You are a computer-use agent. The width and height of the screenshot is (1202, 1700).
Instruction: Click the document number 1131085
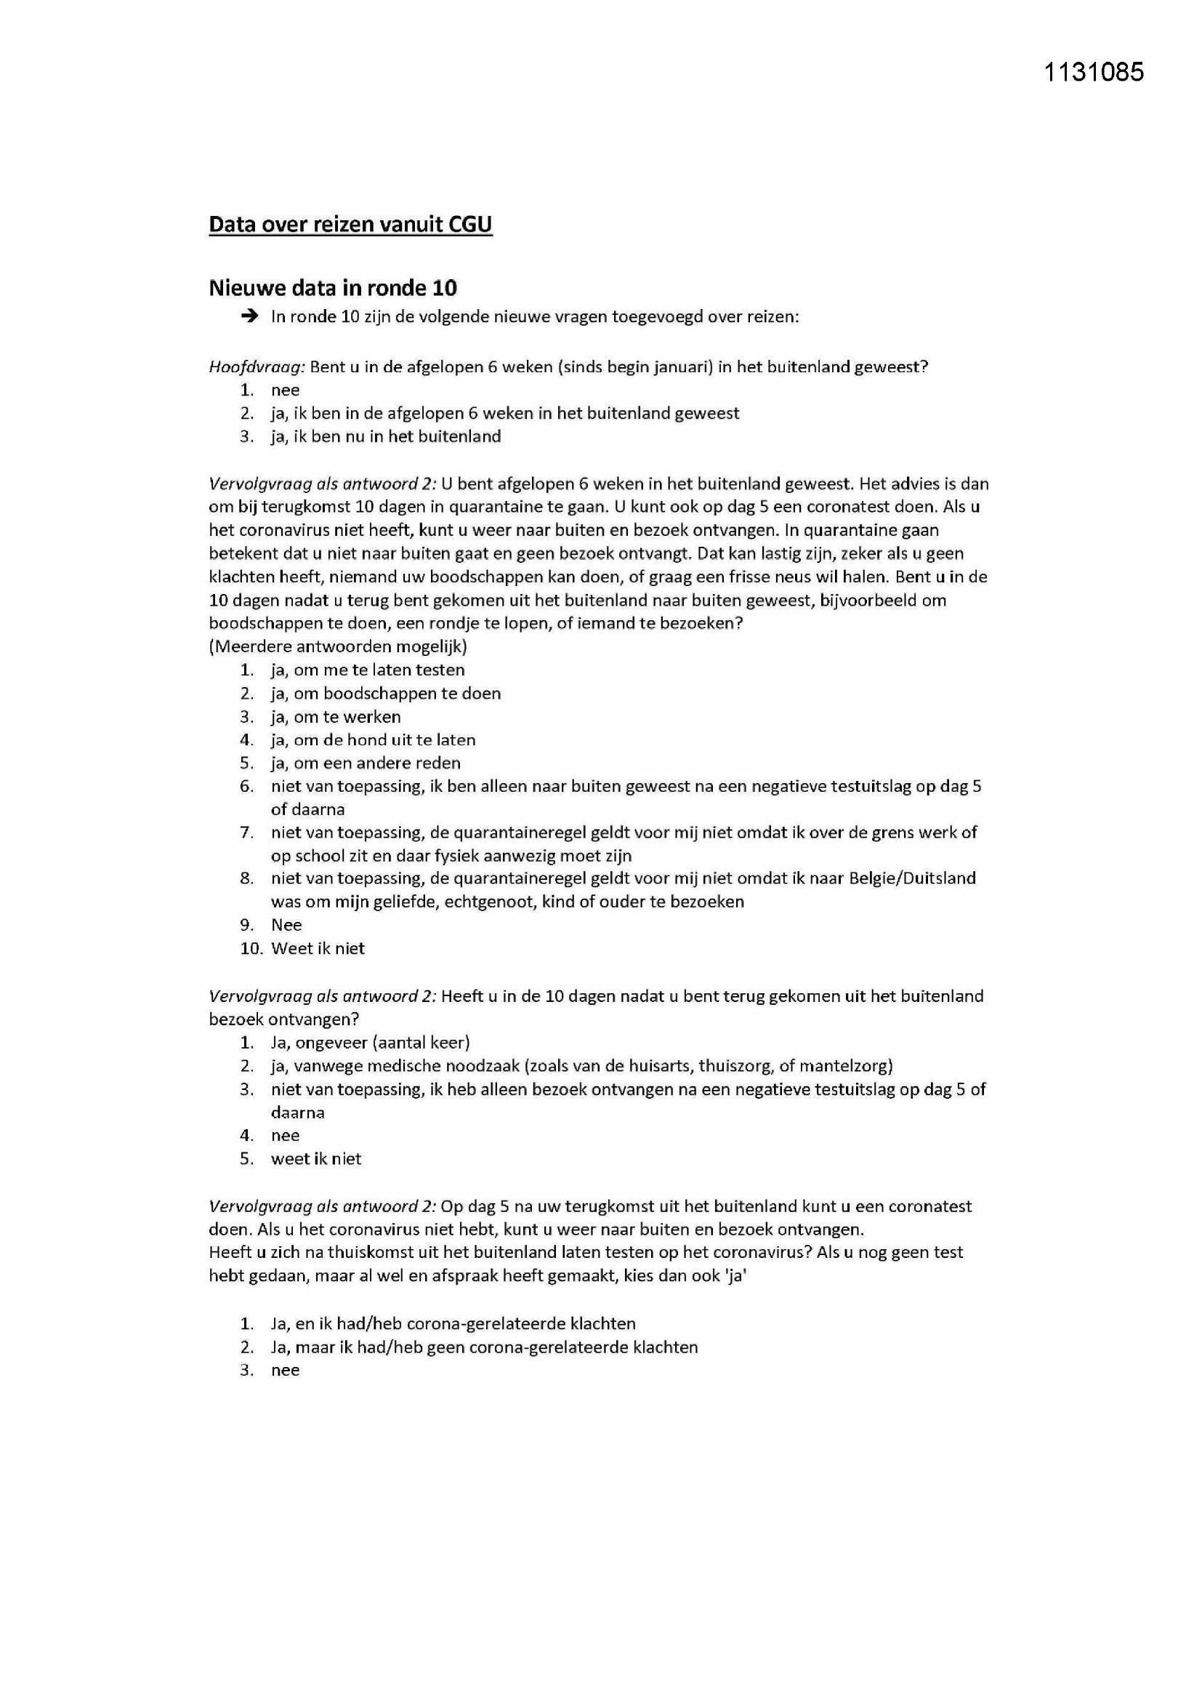pos(1093,72)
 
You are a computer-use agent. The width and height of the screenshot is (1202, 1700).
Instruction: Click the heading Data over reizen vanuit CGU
pos(350,225)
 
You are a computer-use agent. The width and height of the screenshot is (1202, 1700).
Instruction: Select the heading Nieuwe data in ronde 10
pos(332,288)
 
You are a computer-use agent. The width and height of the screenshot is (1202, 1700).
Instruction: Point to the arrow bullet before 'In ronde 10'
pos(250,317)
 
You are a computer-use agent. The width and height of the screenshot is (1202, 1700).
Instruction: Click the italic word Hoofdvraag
pos(257,366)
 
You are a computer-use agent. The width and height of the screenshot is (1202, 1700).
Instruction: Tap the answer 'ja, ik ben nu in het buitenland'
pos(386,437)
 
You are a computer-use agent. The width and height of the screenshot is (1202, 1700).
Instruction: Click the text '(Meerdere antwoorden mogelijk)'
pos(337,646)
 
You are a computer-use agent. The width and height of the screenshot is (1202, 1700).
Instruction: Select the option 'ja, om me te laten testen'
pos(367,670)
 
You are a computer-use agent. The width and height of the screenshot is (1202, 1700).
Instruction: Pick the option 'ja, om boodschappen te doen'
pos(386,694)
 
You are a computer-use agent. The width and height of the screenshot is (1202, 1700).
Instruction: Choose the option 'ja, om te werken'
pos(335,717)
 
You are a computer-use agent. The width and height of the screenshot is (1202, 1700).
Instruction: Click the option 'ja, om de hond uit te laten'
pos(373,739)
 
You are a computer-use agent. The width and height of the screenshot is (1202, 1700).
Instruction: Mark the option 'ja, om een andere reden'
pos(366,763)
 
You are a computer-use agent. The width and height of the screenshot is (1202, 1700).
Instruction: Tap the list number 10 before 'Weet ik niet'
pos(251,948)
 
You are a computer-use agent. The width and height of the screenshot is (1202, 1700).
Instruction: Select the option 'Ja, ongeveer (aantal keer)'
pos(370,1043)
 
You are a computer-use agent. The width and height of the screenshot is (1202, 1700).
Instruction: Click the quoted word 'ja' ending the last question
pos(735,1276)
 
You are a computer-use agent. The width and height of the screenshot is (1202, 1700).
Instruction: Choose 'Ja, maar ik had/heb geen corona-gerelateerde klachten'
pos(484,1347)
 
